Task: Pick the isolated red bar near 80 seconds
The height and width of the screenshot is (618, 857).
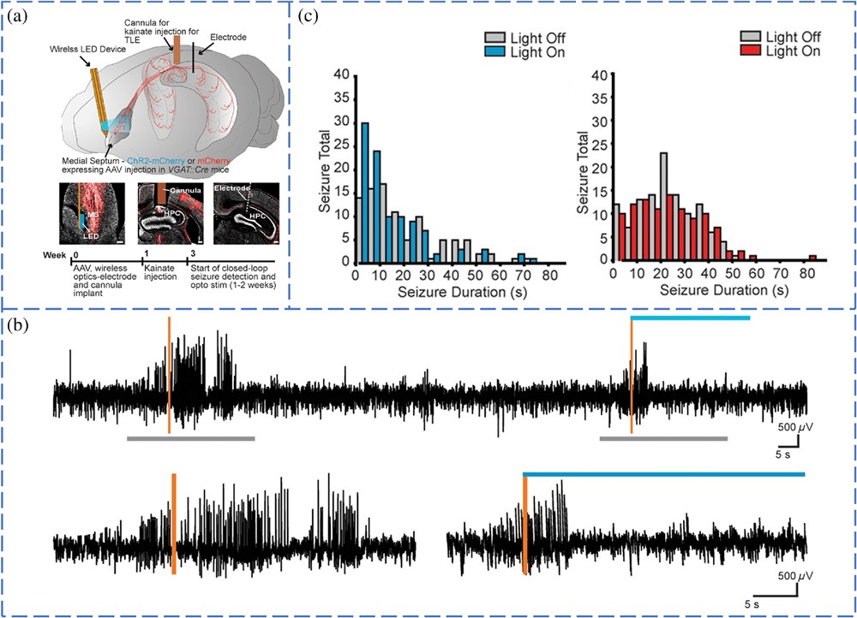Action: (812, 258)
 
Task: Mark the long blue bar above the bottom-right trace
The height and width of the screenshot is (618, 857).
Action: (664, 473)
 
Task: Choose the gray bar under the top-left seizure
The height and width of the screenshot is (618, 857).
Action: (190, 438)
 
